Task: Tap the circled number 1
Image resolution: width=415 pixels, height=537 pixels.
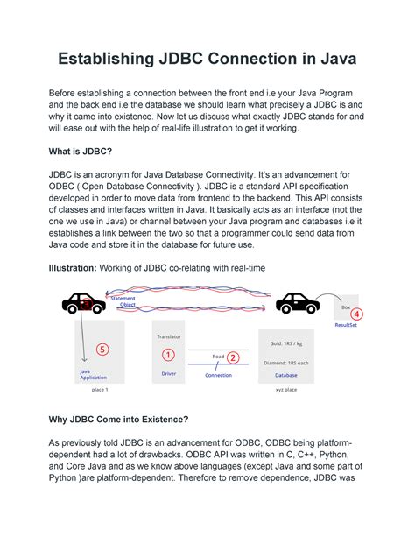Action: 168,354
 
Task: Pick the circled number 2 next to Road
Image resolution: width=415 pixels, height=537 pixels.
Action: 233,357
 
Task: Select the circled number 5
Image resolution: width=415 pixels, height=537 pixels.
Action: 102,349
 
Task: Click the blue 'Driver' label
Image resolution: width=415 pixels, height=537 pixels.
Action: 168,373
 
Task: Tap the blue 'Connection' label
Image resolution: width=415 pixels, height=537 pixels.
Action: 218,375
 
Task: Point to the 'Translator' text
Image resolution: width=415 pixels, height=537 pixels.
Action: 168,336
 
